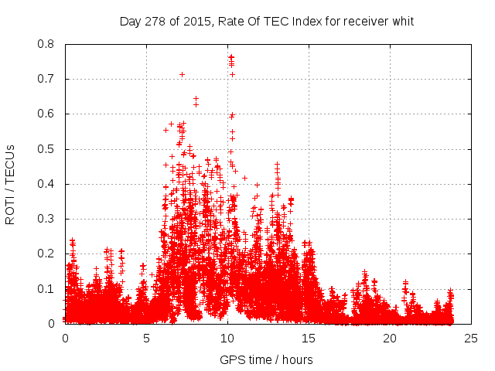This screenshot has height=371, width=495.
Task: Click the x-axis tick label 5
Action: point(146,338)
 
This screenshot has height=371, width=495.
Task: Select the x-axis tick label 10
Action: point(227,338)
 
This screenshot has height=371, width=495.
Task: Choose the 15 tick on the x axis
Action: point(309,338)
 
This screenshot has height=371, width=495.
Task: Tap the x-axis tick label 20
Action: point(390,338)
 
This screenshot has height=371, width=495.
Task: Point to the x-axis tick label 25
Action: point(471,338)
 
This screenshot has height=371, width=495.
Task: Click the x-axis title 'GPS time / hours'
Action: point(267,359)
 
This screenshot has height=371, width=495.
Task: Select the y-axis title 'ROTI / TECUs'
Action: point(11,184)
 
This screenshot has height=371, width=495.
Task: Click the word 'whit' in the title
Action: point(402,21)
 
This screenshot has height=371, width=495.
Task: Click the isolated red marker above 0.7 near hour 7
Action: point(183,74)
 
